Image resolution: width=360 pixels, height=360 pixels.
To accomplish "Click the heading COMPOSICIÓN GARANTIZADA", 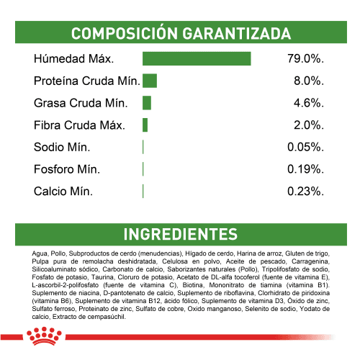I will [x=180, y=34].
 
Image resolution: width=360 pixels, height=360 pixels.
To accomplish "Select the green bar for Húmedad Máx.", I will [x=197, y=58].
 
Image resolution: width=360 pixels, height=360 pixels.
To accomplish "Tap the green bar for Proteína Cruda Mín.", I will [x=150, y=81].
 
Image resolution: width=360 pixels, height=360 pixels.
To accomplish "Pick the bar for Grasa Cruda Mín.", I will [x=147, y=103].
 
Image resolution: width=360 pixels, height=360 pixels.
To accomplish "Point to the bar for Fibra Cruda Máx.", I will [x=145, y=125].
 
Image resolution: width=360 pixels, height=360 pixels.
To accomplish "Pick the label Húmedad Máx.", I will [x=73, y=58].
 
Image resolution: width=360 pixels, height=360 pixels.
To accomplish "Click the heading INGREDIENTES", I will [x=180, y=235].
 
